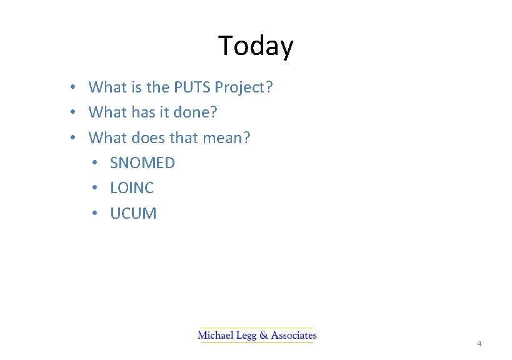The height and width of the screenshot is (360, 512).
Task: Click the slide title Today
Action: point(256,46)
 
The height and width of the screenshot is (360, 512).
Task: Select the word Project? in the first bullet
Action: point(244,87)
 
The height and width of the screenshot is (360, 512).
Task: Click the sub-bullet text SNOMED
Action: point(143,163)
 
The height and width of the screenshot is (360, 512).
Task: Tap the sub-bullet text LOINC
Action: point(132,188)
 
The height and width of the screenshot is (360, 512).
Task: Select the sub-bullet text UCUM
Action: point(133,214)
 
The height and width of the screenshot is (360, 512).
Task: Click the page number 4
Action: point(479,344)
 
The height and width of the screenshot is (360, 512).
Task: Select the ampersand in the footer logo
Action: point(264,336)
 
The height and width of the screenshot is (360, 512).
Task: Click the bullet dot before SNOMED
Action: point(94,163)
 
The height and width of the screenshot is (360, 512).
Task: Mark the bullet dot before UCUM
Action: point(94,214)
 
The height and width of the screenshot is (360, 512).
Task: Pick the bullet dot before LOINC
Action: point(94,188)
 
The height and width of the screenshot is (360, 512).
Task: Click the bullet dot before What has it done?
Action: point(73,112)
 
